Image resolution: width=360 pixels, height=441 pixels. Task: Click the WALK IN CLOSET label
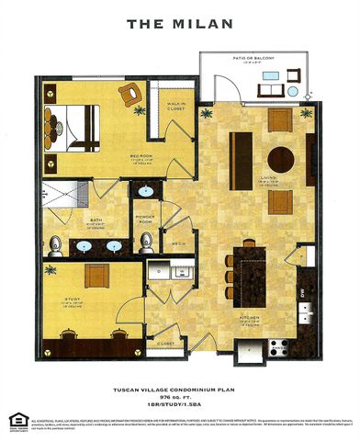point(176,117)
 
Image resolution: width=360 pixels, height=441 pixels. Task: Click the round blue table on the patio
point(292,92)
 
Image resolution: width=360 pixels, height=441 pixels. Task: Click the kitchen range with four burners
point(278,347)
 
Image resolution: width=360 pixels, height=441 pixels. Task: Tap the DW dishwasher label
point(301,293)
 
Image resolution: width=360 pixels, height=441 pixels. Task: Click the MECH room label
point(178,243)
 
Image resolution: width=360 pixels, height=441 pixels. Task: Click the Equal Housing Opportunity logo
point(16,421)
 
